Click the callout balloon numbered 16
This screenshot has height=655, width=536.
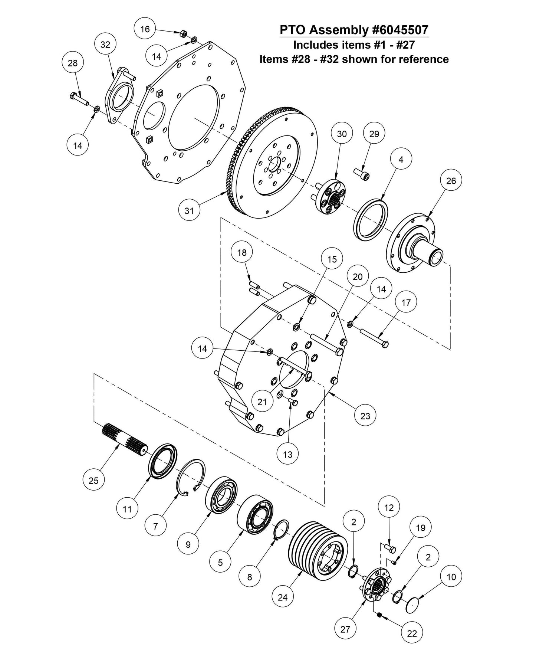pyautogui.click(x=145, y=29)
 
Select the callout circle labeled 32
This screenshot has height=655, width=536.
pyautogui.click(x=105, y=45)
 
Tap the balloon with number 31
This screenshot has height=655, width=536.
pyautogui.click(x=189, y=211)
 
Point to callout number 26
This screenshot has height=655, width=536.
pyautogui.click(x=451, y=181)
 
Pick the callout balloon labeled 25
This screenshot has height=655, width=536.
pyautogui.click(x=93, y=481)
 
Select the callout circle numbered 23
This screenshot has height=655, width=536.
pyautogui.click(x=365, y=416)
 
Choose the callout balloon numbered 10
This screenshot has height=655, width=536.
pyautogui.click(x=451, y=577)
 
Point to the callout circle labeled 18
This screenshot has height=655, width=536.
pyautogui.click(x=241, y=252)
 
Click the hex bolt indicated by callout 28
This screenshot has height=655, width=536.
pyautogui.click(x=78, y=98)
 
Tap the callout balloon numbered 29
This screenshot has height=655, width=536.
pyautogui.click(x=374, y=134)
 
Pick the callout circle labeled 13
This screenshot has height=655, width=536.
pyautogui.click(x=287, y=454)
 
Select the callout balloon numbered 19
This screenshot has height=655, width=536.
pyautogui.click(x=421, y=528)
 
